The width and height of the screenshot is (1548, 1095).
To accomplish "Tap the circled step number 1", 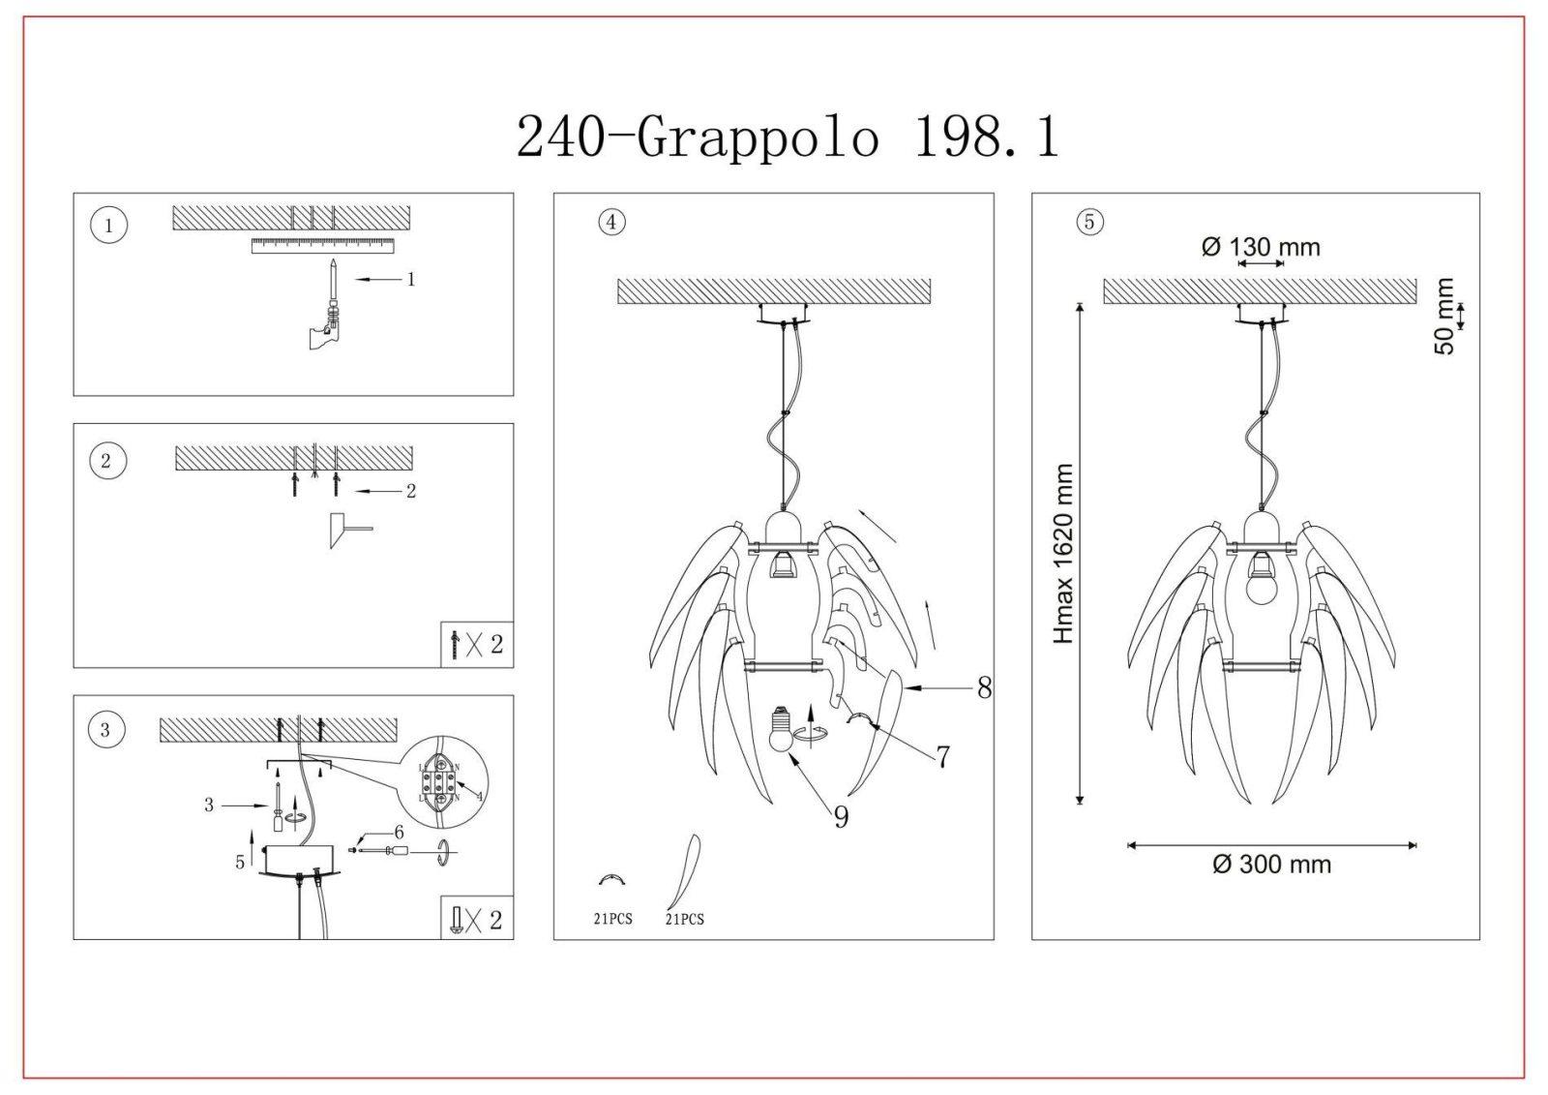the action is coord(108,225).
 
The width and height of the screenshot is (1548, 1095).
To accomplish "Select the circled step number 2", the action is coord(107,461).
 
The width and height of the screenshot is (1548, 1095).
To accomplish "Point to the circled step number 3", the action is coord(105,730).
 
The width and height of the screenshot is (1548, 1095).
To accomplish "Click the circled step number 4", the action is coord(611,222).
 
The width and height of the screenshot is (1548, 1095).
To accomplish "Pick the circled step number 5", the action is coord(1089,222).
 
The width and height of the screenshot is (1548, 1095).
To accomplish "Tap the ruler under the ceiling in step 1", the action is coord(323,246).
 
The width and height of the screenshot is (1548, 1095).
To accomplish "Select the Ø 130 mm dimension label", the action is coord(1261,247).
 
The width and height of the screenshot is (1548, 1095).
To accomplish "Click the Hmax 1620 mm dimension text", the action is coord(1063,554).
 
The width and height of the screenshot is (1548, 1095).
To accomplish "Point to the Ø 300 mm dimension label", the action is coord(1271,865).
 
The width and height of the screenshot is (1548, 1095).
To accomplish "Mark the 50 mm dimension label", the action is coord(1444,317).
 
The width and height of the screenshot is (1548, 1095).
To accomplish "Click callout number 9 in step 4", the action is coord(841,817).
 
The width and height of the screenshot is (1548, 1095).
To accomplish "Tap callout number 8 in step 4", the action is coord(985,687).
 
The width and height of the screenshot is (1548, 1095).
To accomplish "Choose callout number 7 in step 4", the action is coord(943,757).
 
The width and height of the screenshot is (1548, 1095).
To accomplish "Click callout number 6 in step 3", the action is coord(399,833).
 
